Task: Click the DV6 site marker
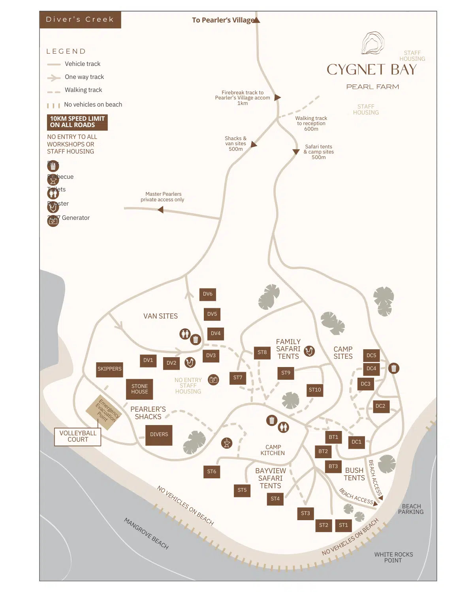click(208, 294)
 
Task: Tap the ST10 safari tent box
click(315, 390)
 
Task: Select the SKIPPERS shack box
click(109, 369)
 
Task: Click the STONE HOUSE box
click(139, 389)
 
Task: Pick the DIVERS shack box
click(159, 435)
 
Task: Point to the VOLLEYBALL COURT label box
click(78, 437)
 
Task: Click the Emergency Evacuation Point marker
click(103, 411)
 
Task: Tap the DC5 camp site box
click(371, 356)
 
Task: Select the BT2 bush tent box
click(323, 451)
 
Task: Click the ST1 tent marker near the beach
click(343, 525)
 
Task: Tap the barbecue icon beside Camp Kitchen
click(227, 443)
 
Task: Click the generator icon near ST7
click(213, 380)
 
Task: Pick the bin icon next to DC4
click(393, 368)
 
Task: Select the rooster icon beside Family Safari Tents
click(309, 351)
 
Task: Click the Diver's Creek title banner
click(80, 20)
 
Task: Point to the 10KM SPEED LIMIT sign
click(77, 122)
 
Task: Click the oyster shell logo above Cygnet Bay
click(372, 43)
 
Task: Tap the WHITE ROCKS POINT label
click(393, 557)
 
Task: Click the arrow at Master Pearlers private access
click(160, 210)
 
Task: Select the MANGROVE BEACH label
click(146, 534)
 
